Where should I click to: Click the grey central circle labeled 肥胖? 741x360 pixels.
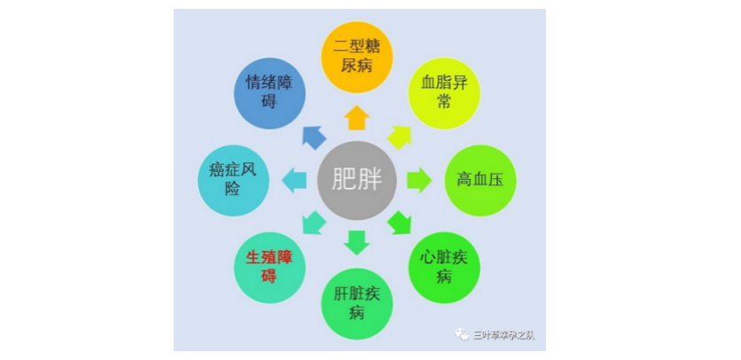[x=357, y=181]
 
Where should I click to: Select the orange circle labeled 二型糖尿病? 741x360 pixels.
[x=357, y=58]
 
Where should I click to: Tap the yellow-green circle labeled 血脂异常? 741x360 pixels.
[x=444, y=94]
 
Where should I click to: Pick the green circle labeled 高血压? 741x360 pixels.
[x=480, y=181]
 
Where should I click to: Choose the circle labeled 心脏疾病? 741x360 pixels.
[x=444, y=268]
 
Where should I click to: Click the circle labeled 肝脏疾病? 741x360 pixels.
[x=357, y=304]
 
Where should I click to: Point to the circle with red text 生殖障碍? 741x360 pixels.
[x=269, y=268]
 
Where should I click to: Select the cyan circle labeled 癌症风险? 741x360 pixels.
[x=233, y=181]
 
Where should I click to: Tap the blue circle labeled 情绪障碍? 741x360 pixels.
[x=269, y=94]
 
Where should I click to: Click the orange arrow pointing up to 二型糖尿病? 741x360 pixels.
[x=357, y=118]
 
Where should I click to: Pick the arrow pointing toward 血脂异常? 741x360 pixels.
[x=400, y=137]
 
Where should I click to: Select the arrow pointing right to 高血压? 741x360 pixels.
[x=419, y=180]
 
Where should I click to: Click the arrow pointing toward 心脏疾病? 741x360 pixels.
[x=400, y=223]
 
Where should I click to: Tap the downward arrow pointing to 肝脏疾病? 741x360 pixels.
[x=357, y=243]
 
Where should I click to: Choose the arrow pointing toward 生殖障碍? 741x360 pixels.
[x=314, y=223]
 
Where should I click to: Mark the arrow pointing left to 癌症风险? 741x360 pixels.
[x=294, y=180]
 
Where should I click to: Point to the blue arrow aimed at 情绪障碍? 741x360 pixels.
[x=314, y=137]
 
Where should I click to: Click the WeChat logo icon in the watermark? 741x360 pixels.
[x=462, y=334]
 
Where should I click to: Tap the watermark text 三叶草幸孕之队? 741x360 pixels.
[x=503, y=335]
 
